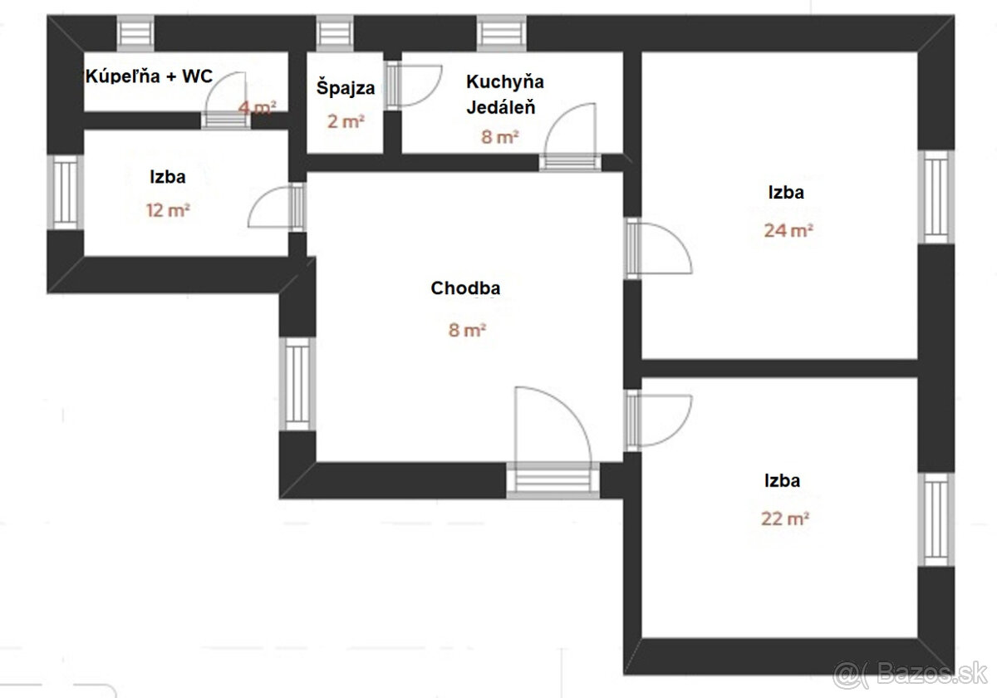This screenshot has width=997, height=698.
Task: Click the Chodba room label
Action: pos(465,288)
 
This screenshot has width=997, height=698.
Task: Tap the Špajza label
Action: pos(346,88)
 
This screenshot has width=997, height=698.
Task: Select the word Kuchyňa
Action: pos(505,82)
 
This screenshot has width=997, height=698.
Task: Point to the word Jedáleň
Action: pos(501,107)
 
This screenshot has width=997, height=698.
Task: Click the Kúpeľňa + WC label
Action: pos(149,76)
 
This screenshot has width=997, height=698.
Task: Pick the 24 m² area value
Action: pos(788,231)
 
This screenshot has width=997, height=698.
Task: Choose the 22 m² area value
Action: pos(784,519)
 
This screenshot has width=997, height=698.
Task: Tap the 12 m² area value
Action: pos(168,210)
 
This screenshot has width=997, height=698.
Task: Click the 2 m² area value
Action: pos(346,121)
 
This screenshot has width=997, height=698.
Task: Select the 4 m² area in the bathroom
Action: pos(257,107)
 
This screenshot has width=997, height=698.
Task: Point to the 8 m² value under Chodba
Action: pos(467,331)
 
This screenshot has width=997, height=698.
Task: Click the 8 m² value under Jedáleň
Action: pos(499,136)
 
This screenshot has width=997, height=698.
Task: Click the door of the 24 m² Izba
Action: pos(658,248)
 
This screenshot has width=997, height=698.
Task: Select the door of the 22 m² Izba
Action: pos(658,421)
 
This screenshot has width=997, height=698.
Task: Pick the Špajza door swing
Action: pos(413,86)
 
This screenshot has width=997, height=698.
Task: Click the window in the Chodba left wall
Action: pos(297,384)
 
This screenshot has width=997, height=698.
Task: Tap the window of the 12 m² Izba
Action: pos(66,192)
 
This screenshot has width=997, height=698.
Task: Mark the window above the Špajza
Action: pos(335,33)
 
